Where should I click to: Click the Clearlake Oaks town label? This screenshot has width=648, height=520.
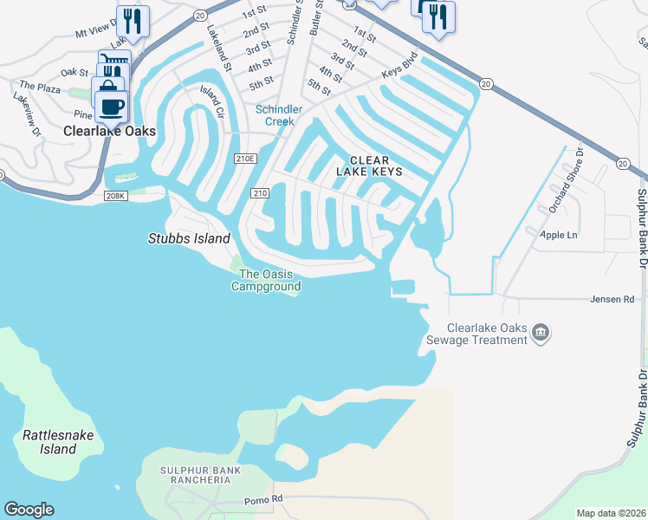pyautogui.click(x=111, y=132)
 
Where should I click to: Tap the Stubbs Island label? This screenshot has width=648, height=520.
pyautogui.click(x=189, y=238)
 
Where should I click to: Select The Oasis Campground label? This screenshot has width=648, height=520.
pyautogui.click(x=266, y=281)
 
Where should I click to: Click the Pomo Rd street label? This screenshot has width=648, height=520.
pyautogui.click(x=265, y=500)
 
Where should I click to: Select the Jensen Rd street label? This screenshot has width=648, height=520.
pyautogui.click(x=618, y=299)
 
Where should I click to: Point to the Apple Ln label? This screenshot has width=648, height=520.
pyautogui.click(x=558, y=235)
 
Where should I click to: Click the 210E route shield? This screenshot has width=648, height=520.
pyautogui.click(x=245, y=159)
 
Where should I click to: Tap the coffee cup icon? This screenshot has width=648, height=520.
pyautogui.click(x=111, y=107)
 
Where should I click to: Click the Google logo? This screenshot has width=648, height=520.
pyautogui.click(x=29, y=510)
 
